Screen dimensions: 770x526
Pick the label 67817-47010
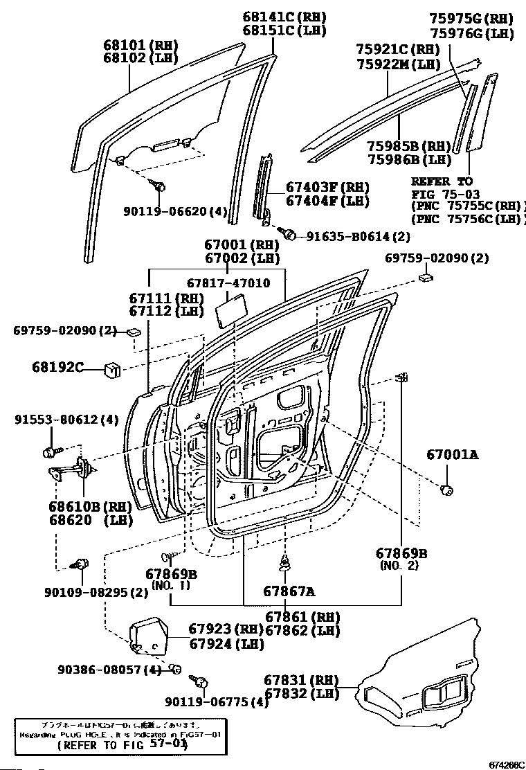[x=228, y=283]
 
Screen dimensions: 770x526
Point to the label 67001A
[x=452, y=455]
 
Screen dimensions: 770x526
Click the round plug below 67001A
[x=446, y=491]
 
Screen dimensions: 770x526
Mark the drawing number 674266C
[x=506, y=765]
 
